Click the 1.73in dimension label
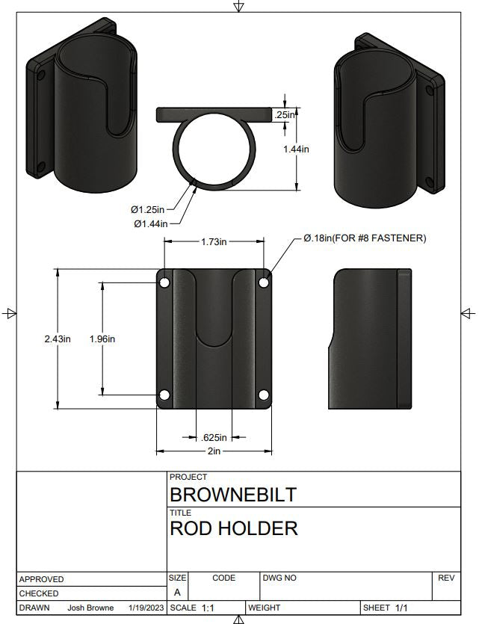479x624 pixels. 214,241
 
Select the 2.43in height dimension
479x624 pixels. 57,339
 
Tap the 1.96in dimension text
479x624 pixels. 102,339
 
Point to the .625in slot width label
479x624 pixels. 214,437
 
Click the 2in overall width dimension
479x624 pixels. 214,451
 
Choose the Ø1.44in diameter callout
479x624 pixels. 149,223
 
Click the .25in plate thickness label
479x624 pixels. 284,115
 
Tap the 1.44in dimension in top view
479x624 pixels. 297,149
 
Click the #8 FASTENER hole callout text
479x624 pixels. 365,238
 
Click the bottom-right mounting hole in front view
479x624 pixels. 263,395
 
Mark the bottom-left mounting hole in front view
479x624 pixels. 164,395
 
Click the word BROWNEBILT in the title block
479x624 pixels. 233,495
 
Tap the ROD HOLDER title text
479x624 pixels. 234,529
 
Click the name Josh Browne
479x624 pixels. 90,608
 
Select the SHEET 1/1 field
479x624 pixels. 386,608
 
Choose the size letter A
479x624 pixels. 177,593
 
